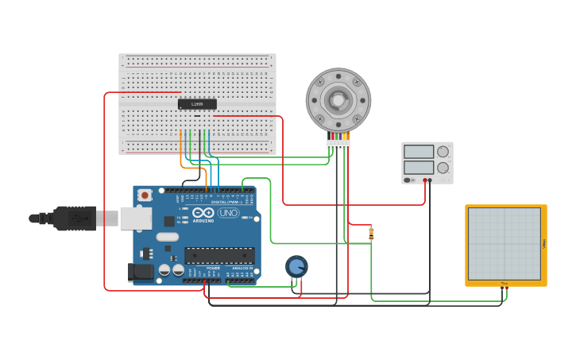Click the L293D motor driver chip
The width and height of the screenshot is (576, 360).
click(196, 104)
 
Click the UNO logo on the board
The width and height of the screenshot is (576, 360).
click(229, 212)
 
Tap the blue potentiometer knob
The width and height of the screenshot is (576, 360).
click(296, 266)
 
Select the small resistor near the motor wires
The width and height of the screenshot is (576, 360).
click(371, 233)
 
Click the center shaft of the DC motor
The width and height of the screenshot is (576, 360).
click(338, 100)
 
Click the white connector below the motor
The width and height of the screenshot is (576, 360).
click(338, 144)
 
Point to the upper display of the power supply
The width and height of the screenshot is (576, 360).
click(419, 152)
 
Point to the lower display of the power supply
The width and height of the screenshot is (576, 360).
click(419, 168)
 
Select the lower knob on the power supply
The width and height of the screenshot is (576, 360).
click(443, 168)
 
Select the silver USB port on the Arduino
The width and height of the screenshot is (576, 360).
click(135, 218)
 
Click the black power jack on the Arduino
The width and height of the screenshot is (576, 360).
click(141, 273)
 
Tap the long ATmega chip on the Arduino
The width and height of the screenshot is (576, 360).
click(219, 256)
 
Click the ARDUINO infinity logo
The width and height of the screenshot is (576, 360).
click(203, 212)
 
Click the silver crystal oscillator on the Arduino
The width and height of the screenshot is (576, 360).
click(168, 237)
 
